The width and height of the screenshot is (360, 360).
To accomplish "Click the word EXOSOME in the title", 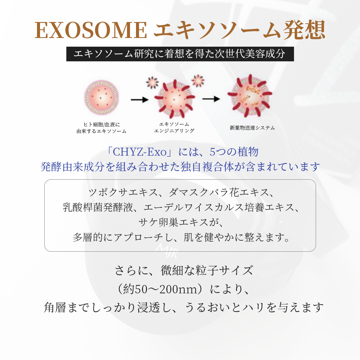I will coord(91,31).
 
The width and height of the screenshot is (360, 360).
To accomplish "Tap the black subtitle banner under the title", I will coord(180,54).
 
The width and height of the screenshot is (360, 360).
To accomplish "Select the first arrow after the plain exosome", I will coord(139,99).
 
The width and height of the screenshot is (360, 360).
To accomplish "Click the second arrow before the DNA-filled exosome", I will coord(211,99).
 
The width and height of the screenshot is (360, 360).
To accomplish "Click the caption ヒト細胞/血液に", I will coord(101,125).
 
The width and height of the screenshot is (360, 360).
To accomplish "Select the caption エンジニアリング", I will coord(174,131).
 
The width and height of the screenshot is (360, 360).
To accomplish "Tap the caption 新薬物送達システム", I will coord(252,128).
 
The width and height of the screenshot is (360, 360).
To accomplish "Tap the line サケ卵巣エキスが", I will coord(180,222).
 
